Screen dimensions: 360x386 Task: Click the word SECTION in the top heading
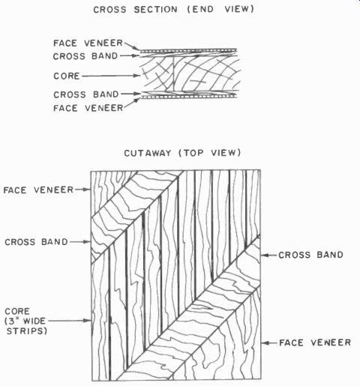click(x=155, y=10)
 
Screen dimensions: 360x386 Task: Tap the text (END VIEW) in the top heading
click(x=220, y=9)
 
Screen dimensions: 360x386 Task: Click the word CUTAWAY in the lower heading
click(x=147, y=153)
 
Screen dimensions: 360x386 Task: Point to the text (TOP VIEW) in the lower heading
click(x=210, y=153)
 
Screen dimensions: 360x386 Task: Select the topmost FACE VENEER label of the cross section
click(x=88, y=43)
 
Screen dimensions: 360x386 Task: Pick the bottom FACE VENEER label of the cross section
click(x=88, y=108)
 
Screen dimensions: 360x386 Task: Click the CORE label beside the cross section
click(x=67, y=76)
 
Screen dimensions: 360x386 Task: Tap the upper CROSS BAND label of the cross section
click(x=85, y=56)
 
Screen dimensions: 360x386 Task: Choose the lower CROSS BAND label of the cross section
click(x=86, y=94)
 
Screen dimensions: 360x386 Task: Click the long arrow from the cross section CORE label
click(x=111, y=76)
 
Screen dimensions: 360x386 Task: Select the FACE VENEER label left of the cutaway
click(x=38, y=190)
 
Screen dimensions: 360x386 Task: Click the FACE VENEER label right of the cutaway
click(x=315, y=343)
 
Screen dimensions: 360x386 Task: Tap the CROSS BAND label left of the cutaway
click(x=36, y=242)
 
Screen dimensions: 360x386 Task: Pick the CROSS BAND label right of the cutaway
click(x=310, y=255)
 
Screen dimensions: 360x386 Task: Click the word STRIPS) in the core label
click(x=27, y=331)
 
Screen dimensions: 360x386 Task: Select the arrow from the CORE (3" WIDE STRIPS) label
click(x=69, y=321)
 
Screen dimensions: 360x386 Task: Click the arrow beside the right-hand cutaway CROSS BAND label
click(x=268, y=255)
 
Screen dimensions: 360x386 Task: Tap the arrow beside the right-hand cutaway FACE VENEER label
click(x=269, y=343)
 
